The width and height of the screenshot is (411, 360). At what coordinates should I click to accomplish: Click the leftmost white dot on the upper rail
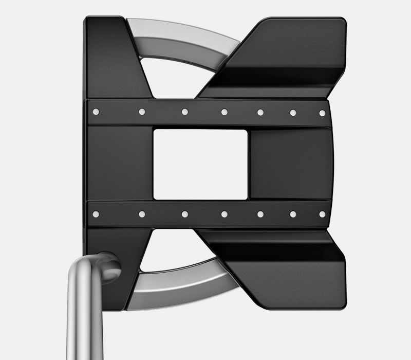[x=96, y=111]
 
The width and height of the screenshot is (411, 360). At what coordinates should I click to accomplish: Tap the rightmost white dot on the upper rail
[x=322, y=113]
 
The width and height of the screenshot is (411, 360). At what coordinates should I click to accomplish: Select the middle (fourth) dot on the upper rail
[x=225, y=112]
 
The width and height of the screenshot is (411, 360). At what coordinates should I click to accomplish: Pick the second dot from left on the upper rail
[x=142, y=111]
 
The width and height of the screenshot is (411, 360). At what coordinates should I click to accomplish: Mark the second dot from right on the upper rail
[x=293, y=112]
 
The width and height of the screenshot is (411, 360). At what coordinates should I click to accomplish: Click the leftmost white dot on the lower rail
[x=96, y=213]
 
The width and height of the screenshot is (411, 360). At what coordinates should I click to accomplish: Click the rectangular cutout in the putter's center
[x=200, y=164]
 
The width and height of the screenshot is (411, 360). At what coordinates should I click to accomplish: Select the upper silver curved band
[x=180, y=39]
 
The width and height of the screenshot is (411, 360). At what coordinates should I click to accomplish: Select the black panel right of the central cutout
[x=290, y=164]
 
